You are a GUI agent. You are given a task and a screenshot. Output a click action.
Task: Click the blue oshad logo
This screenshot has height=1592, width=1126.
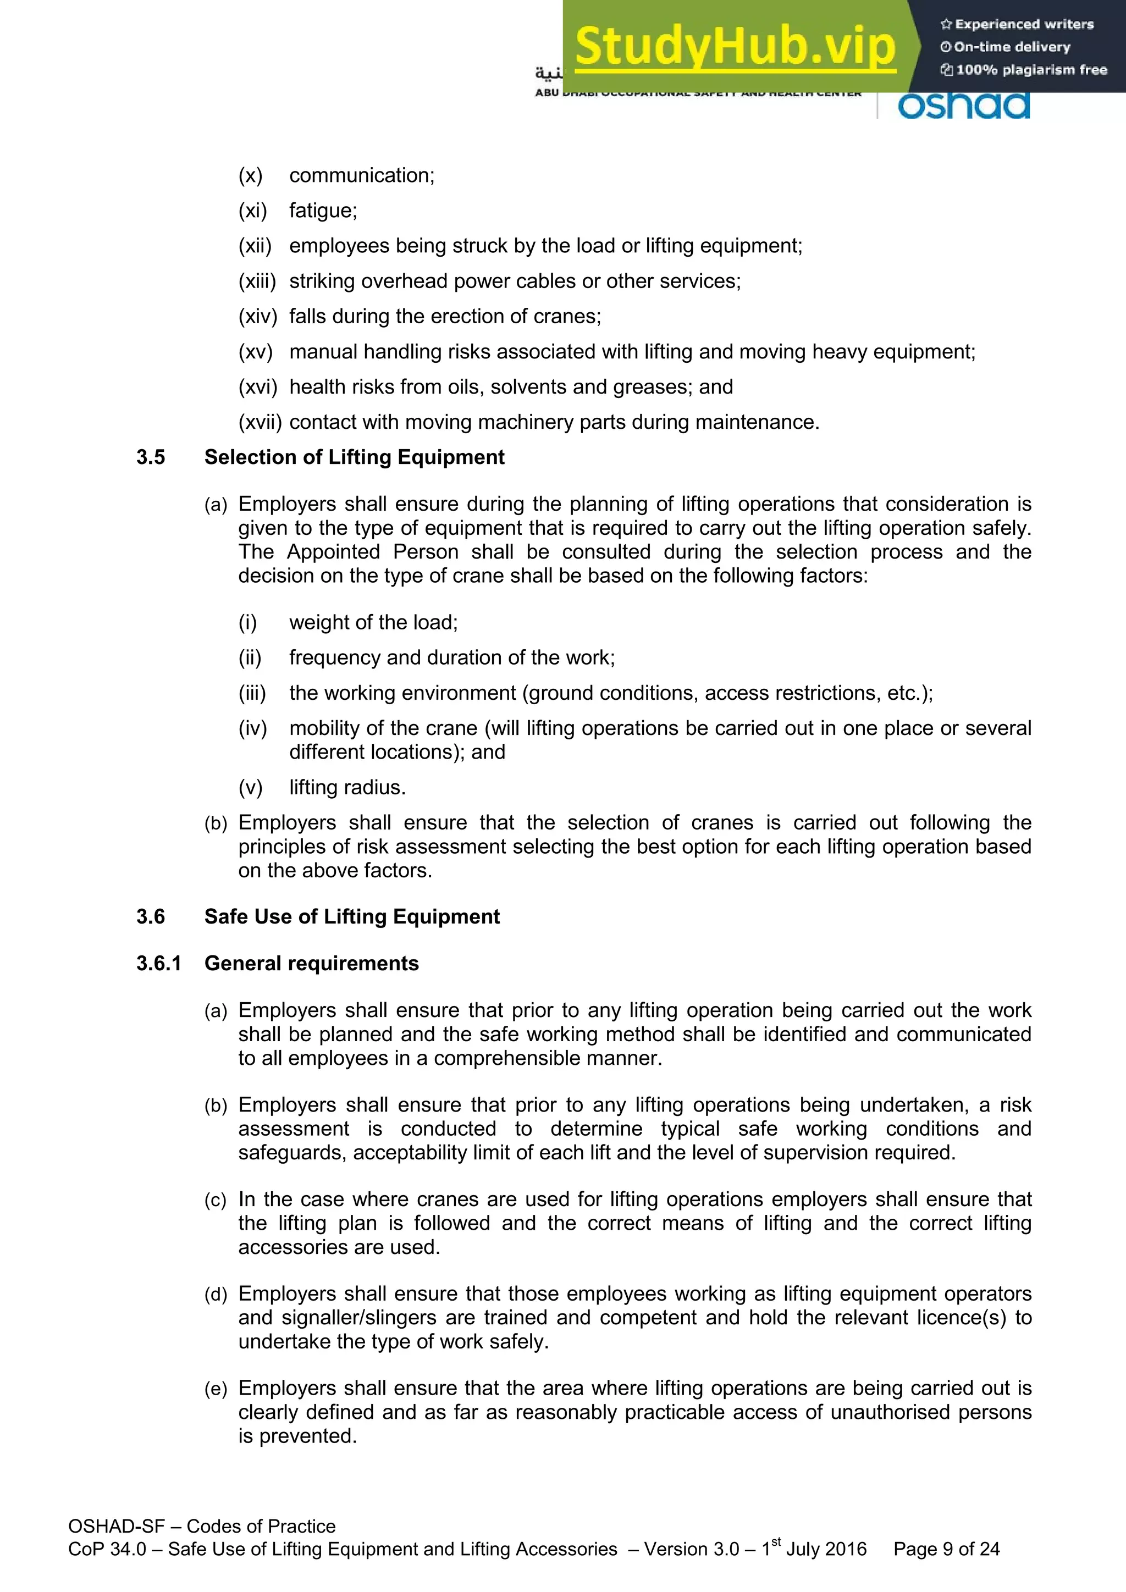click(x=964, y=106)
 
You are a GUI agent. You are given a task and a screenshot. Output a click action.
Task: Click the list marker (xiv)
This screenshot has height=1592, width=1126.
click(x=257, y=316)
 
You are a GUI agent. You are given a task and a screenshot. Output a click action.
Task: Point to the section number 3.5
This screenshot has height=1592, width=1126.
click(x=151, y=457)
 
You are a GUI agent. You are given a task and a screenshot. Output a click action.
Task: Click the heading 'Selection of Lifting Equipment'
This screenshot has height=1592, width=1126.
click(x=354, y=457)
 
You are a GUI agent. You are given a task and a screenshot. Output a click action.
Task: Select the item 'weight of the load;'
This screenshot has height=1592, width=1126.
click(x=373, y=622)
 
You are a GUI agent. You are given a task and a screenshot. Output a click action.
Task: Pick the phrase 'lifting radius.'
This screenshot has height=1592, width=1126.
click(x=347, y=787)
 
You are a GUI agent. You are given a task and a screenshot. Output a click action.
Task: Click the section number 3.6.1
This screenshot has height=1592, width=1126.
click(x=159, y=963)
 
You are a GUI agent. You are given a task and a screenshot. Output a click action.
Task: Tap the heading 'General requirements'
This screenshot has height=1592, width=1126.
click(x=311, y=963)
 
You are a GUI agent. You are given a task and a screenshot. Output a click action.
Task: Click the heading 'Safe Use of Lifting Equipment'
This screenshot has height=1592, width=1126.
click(x=351, y=916)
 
